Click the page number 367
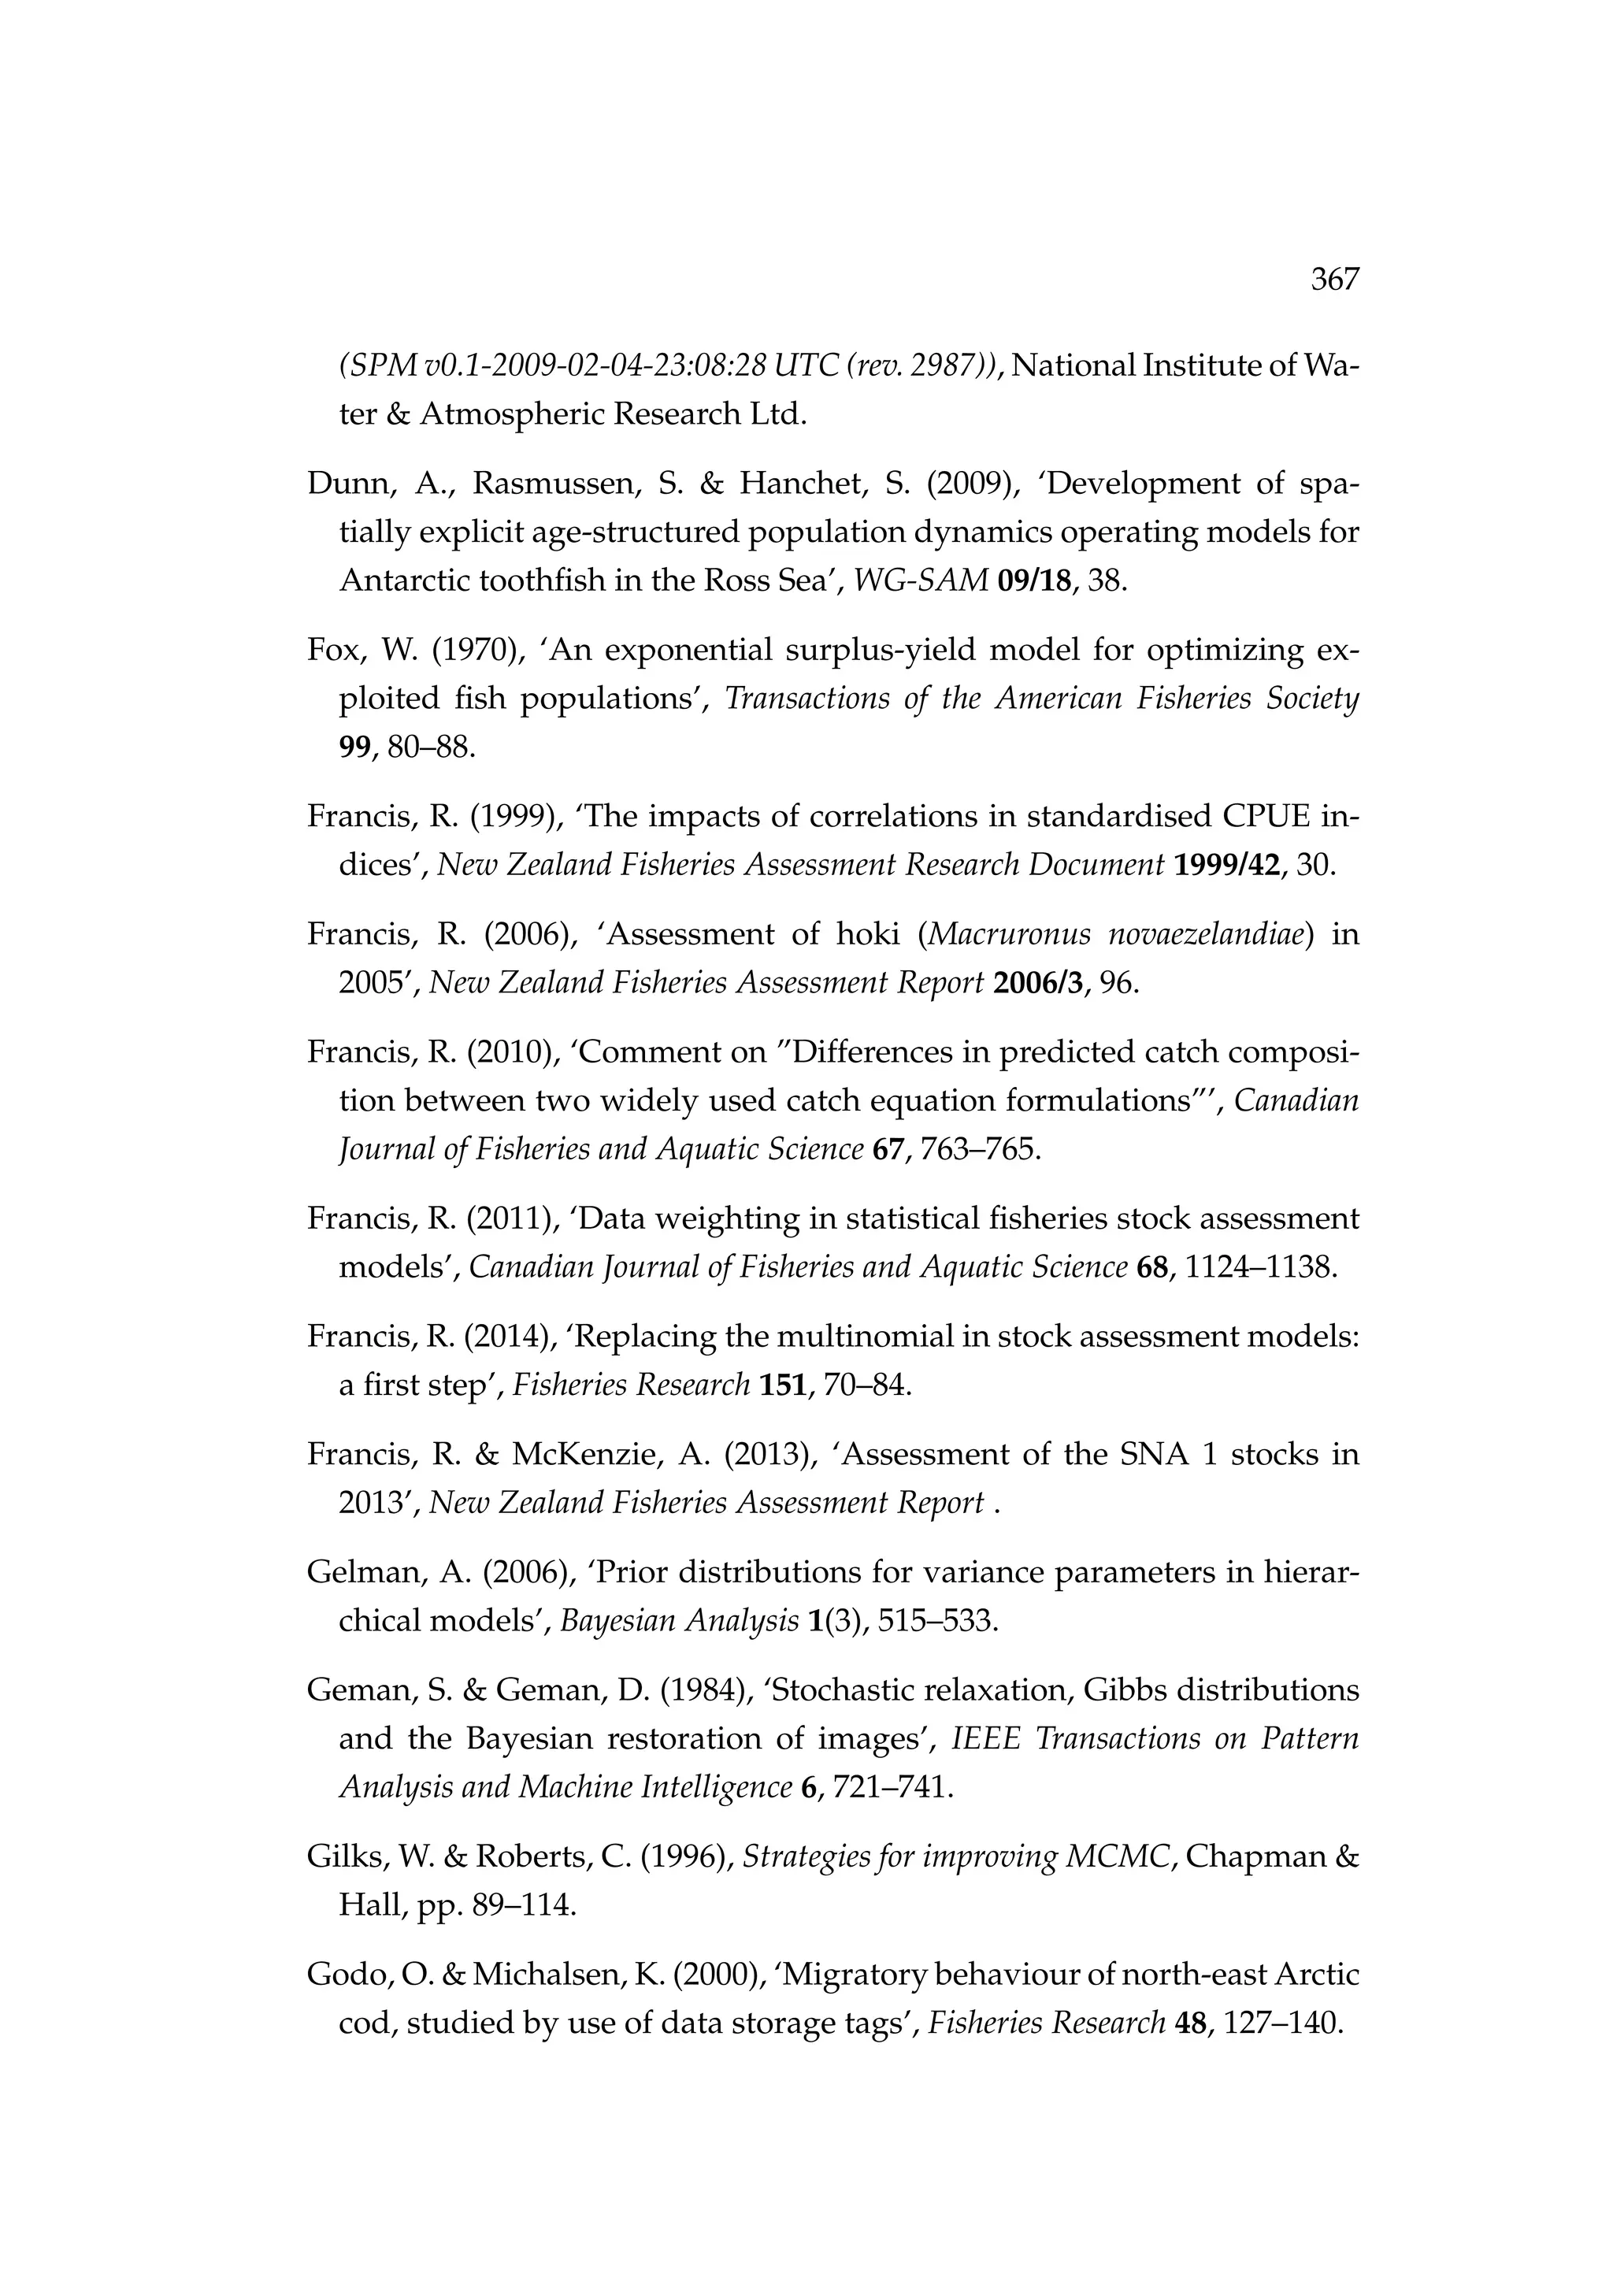pos(1334,280)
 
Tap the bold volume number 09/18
pos(1038,580)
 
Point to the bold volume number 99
pos(354,747)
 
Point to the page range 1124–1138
pos(1255,1267)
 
